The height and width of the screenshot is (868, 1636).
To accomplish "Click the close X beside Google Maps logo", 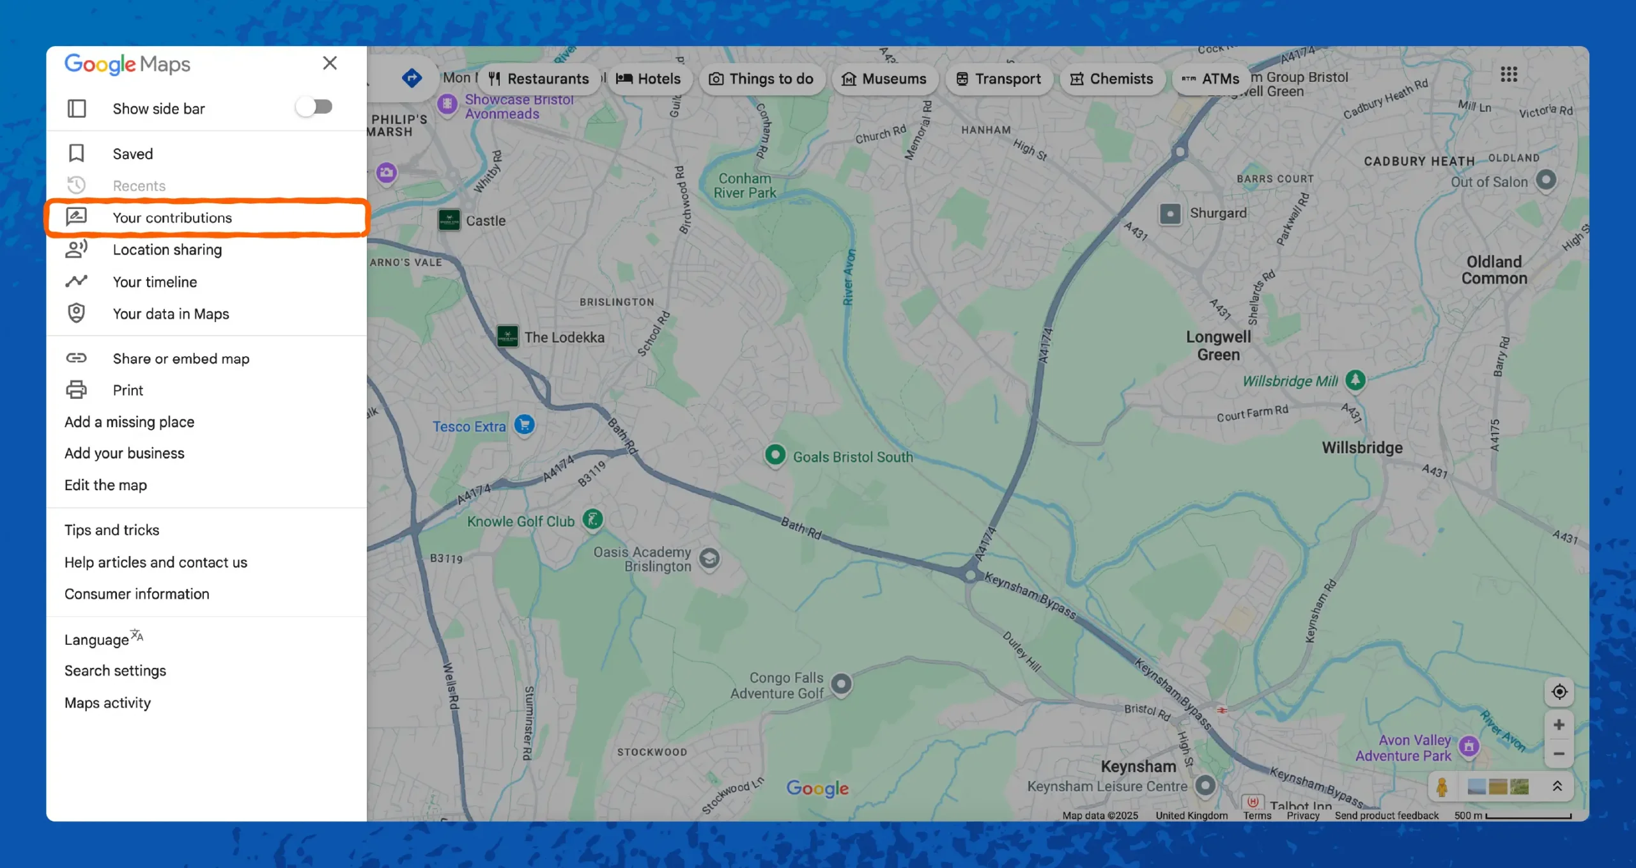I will pyautogui.click(x=330, y=63).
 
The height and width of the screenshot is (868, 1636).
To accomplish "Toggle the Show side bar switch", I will pyautogui.click(x=314, y=107).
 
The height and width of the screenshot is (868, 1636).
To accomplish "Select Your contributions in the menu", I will pyautogui.click(x=173, y=218).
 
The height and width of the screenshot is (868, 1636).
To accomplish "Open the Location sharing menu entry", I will pyautogui.click(x=167, y=250).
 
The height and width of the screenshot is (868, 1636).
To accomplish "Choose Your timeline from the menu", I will pyautogui.click(x=155, y=282).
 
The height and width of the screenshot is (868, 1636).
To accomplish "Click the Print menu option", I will pyautogui.click(x=128, y=390).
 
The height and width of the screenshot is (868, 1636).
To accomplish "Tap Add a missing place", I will pyautogui.click(x=129, y=422).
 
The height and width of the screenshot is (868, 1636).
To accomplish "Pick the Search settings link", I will pyautogui.click(x=115, y=670).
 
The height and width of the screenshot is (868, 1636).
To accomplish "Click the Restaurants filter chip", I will pyautogui.click(x=539, y=79).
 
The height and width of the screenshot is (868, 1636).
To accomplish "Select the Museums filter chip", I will pyautogui.click(x=884, y=79).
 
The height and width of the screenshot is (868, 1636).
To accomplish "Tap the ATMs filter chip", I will pyautogui.click(x=1210, y=79).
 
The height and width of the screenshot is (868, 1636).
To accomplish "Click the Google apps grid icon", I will pyautogui.click(x=1509, y=74).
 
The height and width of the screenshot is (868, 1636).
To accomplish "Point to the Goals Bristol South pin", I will pyautogui.click(x=775, y=455).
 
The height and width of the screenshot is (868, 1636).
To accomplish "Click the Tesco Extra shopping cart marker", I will pyautogui.click(x=524, y=424).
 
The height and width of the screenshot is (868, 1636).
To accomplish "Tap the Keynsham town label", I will pyautogui.click(x=1138, y=766).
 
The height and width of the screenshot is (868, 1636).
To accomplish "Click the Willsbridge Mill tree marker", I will pyautogui.click(x=1355, y=380).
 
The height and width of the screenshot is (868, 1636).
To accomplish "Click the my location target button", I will pyautogui.click(x=1559, y=692).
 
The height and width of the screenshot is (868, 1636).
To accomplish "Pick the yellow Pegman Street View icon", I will pyautogui.click(x=1442, y=786).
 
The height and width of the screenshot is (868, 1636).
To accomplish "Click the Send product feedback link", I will pyautogui.click(x=1386, y=816).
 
